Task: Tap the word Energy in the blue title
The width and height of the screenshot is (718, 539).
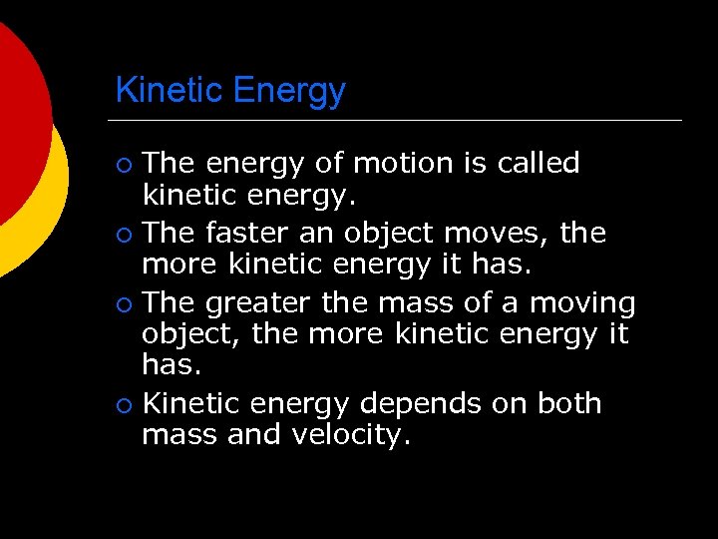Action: (x=288, y=91)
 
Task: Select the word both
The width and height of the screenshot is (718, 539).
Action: (x=569, y=403)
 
